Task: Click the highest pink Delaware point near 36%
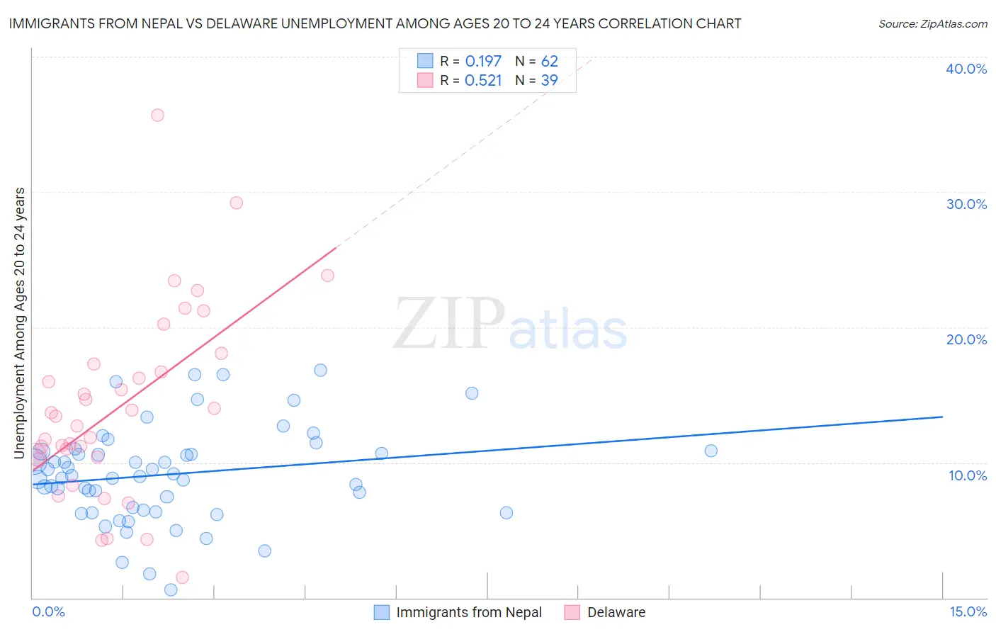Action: (x=157, y=115)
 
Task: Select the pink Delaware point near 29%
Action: (x=237, y=203)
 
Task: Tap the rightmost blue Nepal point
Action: (x=711, y=451)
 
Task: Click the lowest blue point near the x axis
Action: (x=171, y=589)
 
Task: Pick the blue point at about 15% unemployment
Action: (x=472, y=393)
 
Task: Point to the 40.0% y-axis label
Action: (x=966, y=69)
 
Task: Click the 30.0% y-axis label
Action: (x=966, y=204)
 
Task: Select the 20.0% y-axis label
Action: (x=966, y=339)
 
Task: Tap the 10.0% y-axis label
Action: (x=968, y=475)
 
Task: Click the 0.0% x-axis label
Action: (x=48, y=612)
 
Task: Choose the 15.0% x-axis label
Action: (x=968, y=612)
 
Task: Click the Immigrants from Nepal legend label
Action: (x=468, y=613)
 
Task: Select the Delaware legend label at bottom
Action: (x=616, y=613)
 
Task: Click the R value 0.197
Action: (x=483, y=62)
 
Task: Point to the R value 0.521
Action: (x=483, y=81)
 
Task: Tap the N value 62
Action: (x=550, y=62)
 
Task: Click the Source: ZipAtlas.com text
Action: (x=932, y=24)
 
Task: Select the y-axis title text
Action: (x=20, y=323)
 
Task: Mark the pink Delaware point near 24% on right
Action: (x=327, y=275)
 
